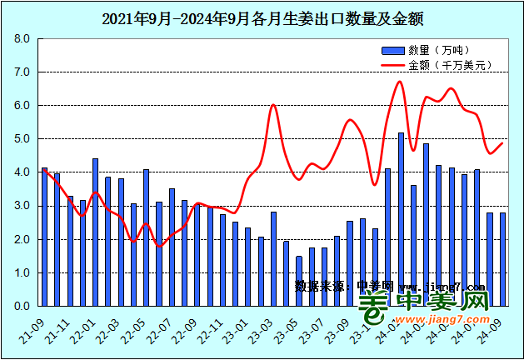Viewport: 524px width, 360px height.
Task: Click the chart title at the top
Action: pos(262,17)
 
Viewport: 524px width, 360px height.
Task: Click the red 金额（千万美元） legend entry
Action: pos(432,64)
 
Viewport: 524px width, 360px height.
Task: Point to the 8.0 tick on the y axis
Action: pos(22,39)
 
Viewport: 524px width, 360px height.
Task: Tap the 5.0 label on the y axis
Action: pos(22,139)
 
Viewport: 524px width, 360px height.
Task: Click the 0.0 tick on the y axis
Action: pos(22,306)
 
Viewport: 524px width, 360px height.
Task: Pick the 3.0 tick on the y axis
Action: pos(22,206)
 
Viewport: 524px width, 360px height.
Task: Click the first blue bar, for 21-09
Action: pos(45,237)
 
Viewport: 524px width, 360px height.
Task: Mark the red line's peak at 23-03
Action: pos(273,105)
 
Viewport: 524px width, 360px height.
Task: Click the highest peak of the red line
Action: pos(401,81)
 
